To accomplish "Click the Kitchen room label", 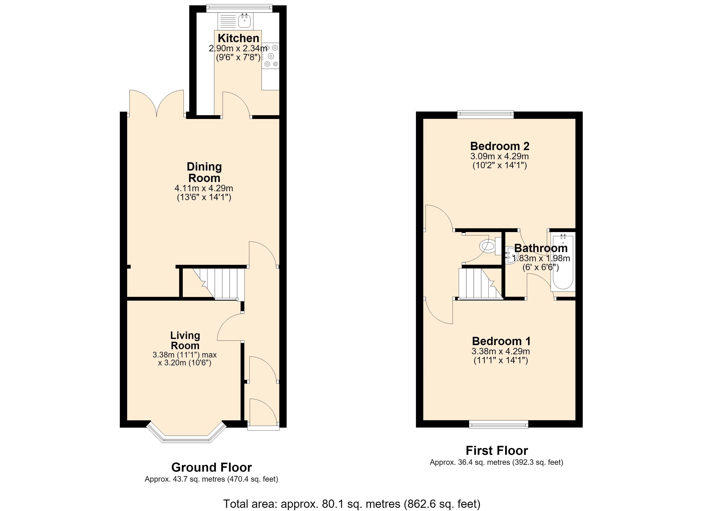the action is pos(238,38).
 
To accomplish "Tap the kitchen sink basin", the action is pos(245,21).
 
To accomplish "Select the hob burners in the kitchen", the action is pos(271,56).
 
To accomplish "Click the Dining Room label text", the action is pos(204,172).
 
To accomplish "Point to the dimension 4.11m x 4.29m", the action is pos(204,188).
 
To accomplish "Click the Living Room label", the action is pos(185,340).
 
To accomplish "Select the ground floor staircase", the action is pos(219,284).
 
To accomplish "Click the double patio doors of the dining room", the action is pos(157,103).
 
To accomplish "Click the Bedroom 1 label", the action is pos(501,341).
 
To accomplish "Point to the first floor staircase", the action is pos(480,284).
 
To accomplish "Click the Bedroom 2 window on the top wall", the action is pos(485,115).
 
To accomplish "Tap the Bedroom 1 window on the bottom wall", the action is pos(498,424).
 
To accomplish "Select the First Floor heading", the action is pos(497,451).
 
